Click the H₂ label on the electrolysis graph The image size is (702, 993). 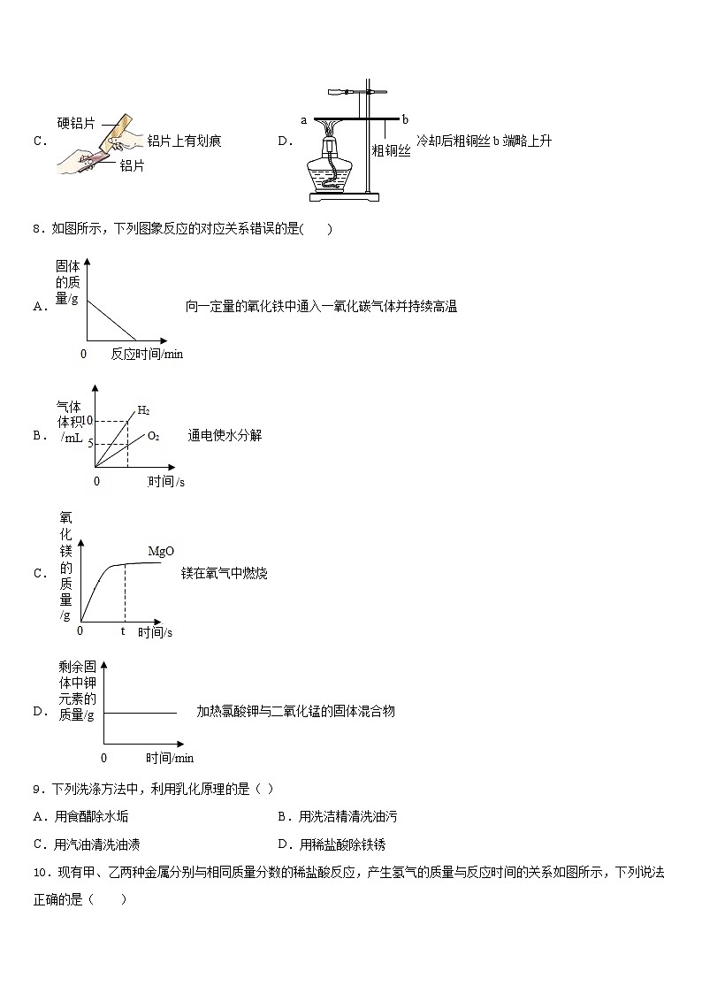[x=143, y=410]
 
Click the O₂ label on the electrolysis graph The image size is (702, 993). [x=153, y=436]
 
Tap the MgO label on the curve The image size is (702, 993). [x=160, y=551]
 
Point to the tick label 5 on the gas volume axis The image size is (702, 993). [x=90, y=443]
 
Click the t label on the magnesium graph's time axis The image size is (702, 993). [x=123, y=632]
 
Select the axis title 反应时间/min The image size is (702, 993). [x=147, y=354]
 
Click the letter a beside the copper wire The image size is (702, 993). [x=303, y=119]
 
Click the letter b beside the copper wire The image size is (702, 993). [x=405, y=118]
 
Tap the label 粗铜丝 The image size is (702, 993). [x=391, y=151]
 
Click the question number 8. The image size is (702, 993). [x=37, y=230]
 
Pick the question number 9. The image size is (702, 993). [x=37, y=789]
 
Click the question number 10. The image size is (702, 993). [x=40, y=872]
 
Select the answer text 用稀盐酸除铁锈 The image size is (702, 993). [x=341, y=844]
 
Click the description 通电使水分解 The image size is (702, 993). [x=225, y=435]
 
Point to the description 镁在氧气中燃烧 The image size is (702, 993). [x=224, y=574]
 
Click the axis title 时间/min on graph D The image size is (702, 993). [x=170, y=758]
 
